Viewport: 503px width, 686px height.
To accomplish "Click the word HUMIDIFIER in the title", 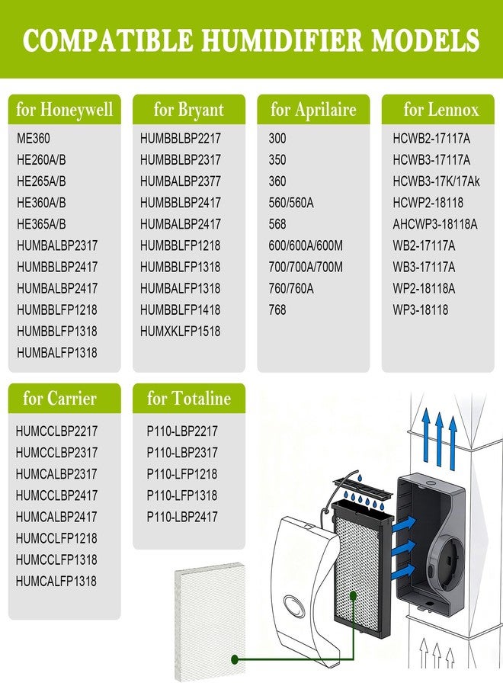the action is [283, 40].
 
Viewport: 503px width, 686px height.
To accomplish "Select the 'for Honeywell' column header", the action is [64, 109].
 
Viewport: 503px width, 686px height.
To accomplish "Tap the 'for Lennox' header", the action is [441, 109].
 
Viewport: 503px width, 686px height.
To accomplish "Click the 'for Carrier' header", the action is [59, 398].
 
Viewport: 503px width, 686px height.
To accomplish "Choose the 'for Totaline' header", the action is [188, 398].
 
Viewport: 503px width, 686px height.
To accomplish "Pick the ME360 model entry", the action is [34, 138].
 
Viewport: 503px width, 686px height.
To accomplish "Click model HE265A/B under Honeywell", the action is [41, 181].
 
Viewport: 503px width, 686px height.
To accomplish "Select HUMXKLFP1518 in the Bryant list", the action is [180, 332].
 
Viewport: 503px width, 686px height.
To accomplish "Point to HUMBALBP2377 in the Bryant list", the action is [180, 181].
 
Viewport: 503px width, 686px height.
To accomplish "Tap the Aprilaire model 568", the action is [277, 224].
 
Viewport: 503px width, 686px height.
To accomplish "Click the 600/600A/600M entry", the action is [306, 245].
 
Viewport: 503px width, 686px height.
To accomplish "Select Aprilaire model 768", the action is [277, 309].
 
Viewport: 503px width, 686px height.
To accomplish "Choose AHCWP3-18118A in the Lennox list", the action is [434, 224].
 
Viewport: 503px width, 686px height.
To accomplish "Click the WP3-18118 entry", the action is [421, 309].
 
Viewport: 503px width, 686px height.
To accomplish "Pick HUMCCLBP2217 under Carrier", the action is [56, 431].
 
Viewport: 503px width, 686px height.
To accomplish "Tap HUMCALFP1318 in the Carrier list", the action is [56, 581].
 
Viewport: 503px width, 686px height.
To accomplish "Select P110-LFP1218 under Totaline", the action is [182, 474].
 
